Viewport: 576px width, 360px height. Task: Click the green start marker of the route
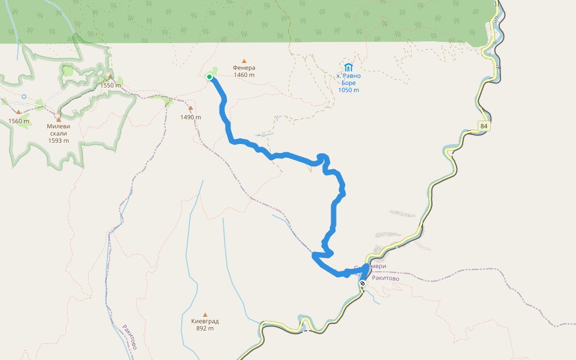pos(209,77)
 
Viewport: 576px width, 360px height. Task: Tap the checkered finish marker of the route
pos(362,283)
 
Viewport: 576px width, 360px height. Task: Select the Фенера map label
pos(244,68)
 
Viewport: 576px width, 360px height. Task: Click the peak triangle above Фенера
pos(244,61)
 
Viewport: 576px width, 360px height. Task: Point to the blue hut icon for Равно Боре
pos(349,67)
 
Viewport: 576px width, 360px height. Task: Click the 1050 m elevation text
pos(348,90)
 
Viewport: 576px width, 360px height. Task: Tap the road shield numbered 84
pos(484,126)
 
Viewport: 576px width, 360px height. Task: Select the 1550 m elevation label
pos(111,85)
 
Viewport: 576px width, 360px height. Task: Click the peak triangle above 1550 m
pos(110,77)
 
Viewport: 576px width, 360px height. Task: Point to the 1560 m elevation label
pos(19,121)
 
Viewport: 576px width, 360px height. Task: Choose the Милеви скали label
pos(58,130)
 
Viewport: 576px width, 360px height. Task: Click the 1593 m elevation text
pos(58,140)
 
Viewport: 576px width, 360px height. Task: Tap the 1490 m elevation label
pos(190,117)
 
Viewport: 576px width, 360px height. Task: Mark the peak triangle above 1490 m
pos(191,109)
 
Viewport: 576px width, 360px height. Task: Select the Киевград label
pos(205,321)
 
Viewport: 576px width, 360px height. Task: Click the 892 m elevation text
pos(205,328)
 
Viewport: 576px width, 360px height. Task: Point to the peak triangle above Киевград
pos(205,314)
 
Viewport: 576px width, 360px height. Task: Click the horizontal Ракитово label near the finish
pos(385,278)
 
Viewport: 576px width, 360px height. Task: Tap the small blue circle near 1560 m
pos(24,96)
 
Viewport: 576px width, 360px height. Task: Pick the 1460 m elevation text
pos(244,75)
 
